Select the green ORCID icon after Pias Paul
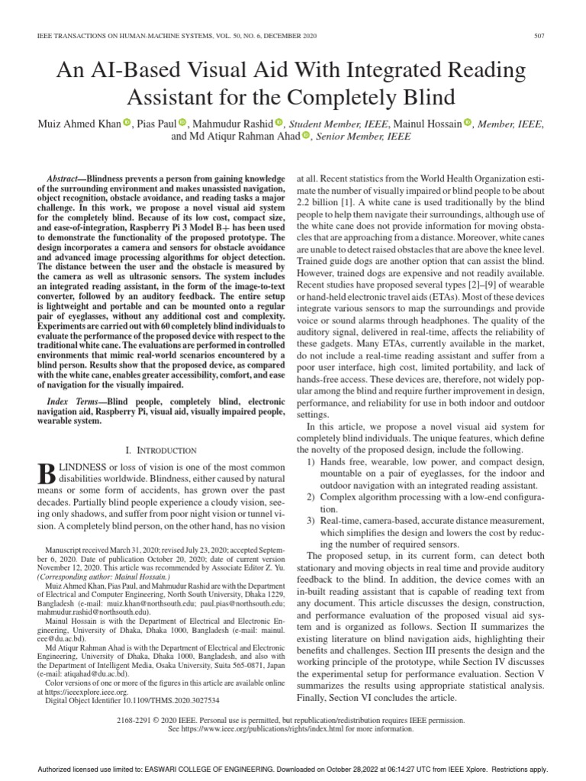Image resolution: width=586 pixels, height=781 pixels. [x=182, y=124]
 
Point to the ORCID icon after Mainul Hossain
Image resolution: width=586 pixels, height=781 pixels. [x=468, y=124]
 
